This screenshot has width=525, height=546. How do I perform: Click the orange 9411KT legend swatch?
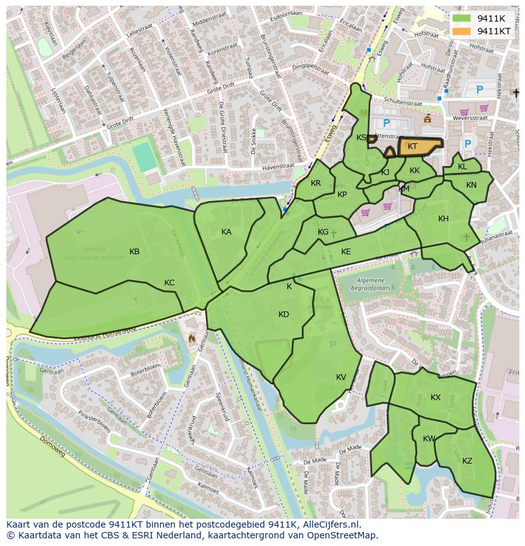click(x=462, y=31)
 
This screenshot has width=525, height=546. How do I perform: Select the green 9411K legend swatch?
click(x=462, y=19)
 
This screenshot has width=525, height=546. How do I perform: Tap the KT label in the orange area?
click(x=412, y=146)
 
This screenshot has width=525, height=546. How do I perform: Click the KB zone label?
click(x=134, y=252)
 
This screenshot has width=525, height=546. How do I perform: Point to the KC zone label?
click(x=169, y=283)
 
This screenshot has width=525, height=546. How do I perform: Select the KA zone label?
click(x=226, y=232)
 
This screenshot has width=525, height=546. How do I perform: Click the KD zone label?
click(x=283, y=315)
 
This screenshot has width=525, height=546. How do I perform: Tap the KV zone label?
click(x=341, y=377)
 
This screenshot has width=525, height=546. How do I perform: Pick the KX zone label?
click(x=436, y=398)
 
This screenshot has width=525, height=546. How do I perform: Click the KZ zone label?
click(x=467, y=461)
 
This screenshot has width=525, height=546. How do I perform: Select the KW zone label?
click(x=429, y=439)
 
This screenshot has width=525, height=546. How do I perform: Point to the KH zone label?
click(x=443, y=219)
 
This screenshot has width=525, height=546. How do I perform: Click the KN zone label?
click(x=471, y=185)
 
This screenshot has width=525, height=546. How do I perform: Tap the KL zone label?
click(x=462, y=167)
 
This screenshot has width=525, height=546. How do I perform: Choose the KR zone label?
click(x=316, y=183)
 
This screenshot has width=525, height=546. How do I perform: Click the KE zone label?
click(x=346, y=252)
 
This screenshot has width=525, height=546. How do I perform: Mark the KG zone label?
click(x=323, y=232)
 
